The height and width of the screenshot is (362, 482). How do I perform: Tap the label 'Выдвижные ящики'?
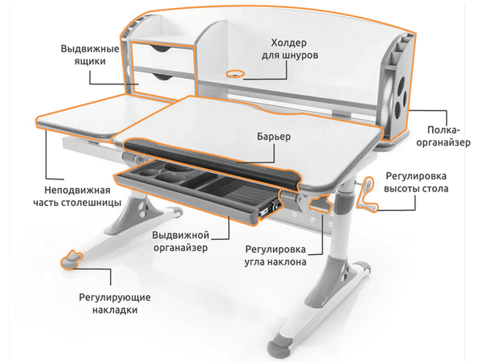(x=89, y=56)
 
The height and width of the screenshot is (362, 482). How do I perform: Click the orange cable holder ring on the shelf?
(x=235, y=72)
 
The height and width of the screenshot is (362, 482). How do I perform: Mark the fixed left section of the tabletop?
(x=88, y=117)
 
